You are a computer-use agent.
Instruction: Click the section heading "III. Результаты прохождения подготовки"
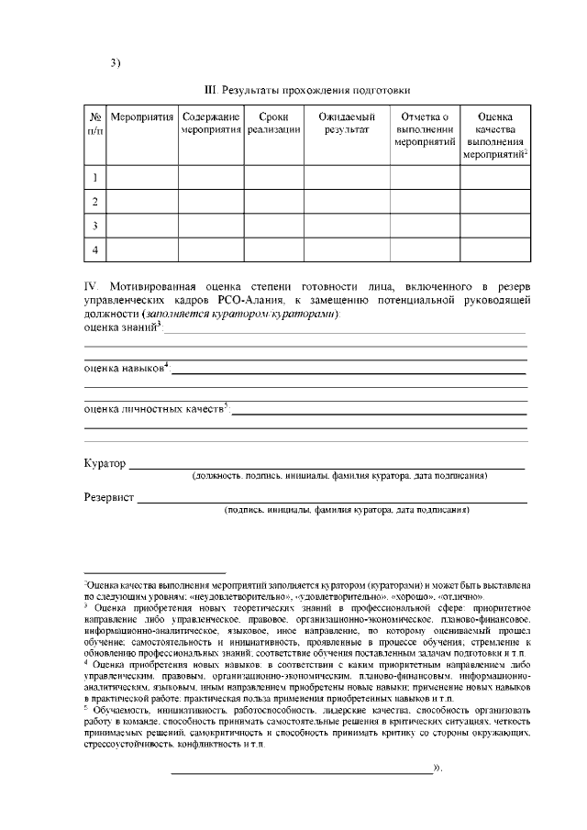click(306, 90)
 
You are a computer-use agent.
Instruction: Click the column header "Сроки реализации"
click(273, 124)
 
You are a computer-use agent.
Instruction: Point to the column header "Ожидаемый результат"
click(347, 124)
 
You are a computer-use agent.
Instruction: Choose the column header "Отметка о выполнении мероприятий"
click(425, 130)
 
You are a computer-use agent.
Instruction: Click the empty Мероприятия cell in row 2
click(142, 201)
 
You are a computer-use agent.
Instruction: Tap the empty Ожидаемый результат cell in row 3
click(347, 225)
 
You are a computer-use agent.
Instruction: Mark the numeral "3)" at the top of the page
click(116, 62)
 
